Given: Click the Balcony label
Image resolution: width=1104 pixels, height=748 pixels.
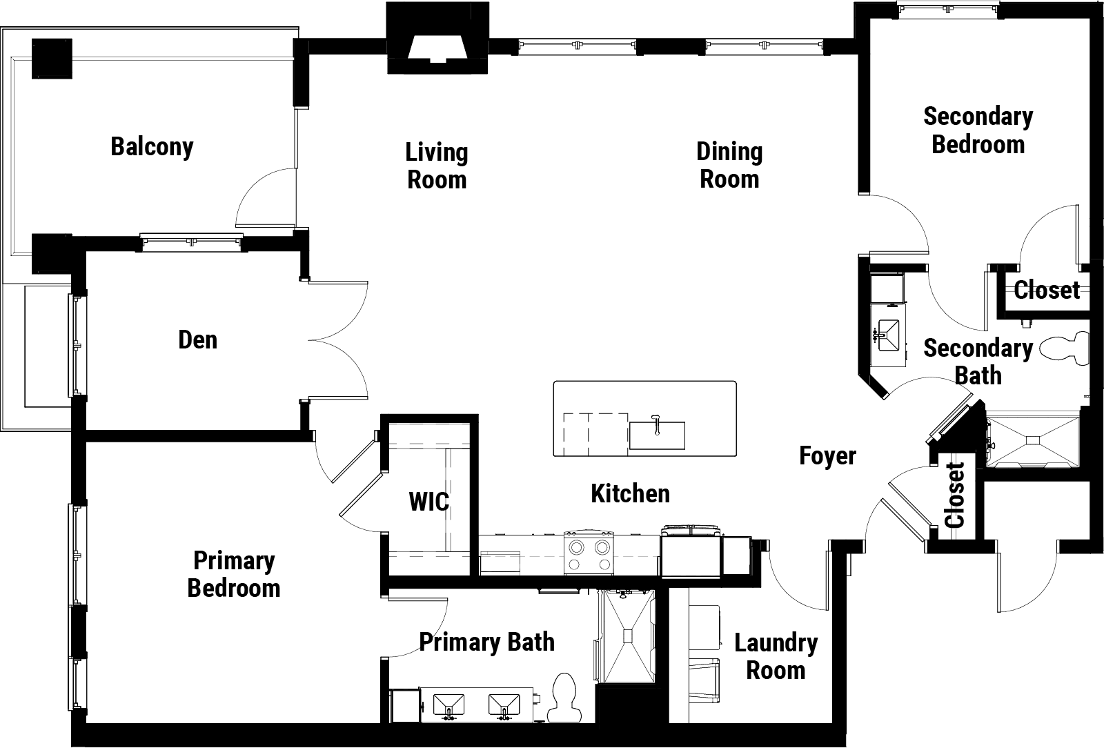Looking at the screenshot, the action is pyautogui.click(x=152, y=147).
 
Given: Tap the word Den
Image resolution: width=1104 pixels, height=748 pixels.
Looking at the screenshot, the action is pyautogui.click(x=197, y=340).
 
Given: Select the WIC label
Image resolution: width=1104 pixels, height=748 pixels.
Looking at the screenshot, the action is pyautogui.click(x=428, y=502).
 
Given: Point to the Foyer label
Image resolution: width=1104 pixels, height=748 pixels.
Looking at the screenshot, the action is pyautogui.click(x=827, y=456).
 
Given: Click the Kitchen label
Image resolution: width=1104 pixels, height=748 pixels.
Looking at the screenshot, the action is pyautogui.click(x=631, y=493).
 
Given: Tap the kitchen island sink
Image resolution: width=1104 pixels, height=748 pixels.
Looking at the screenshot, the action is pyautogui.click(x=657, y=435).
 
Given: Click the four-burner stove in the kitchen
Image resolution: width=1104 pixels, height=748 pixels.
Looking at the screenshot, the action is pyautogui.click(x=589, y=553).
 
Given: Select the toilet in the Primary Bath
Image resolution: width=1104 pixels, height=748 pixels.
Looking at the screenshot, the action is pyautogui.click(x=565, y=697).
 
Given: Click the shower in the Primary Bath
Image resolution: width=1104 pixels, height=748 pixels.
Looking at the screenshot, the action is pyautogui.click(x=627, y=636).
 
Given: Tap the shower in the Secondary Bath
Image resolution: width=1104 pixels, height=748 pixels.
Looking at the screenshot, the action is pyautogui.click(x=1033, y=442).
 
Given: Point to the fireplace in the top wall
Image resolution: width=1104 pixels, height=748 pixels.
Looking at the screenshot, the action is pyautogui.click(x=437, y=39).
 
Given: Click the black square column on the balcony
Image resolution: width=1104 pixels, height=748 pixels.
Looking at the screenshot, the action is pyautogui.click(x=52, y=59).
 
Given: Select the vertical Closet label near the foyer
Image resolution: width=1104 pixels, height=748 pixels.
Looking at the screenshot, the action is pyautogui.click(x=955, y=495).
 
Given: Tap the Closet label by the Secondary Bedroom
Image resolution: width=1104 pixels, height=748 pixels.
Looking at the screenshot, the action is pyautogui.click(x=1047, y=290).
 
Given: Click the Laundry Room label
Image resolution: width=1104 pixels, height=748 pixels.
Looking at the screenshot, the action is pyautogui.click(x=776, y=656).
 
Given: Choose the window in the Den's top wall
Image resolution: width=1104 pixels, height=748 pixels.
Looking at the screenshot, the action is pyautogui.click(x=192, y=242).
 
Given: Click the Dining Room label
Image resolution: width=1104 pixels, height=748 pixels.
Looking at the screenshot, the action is pyautogui.click(x=729, y=165).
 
